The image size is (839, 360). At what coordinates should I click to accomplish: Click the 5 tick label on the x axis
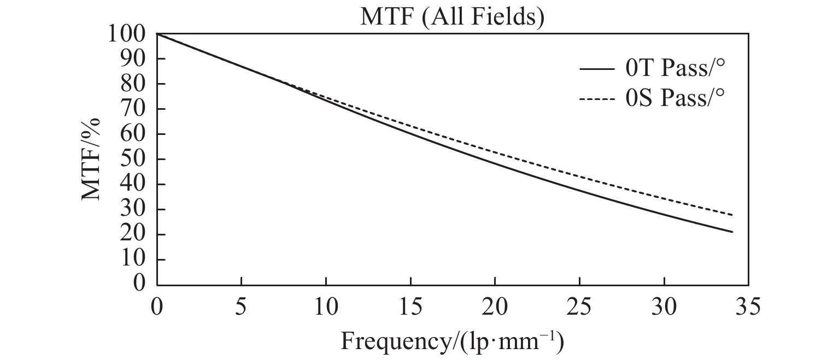coord(242,307)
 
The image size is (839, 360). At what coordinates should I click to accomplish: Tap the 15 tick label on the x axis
coord(410,307)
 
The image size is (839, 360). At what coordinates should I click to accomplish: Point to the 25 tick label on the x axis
coord(579,307)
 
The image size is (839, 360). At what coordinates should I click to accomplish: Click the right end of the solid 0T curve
coord(732,232)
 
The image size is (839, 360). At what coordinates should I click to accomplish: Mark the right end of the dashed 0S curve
coord(732,215)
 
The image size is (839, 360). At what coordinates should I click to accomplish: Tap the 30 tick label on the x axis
coord(664,307)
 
